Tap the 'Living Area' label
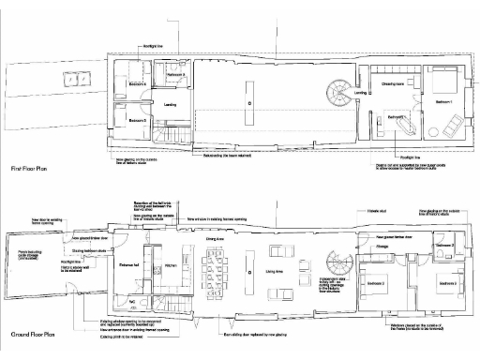275,272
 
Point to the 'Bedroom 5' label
137,121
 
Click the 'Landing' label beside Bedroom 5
171,105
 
